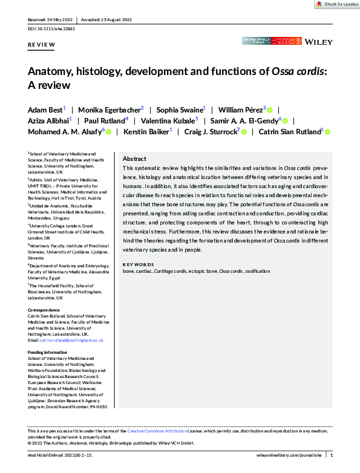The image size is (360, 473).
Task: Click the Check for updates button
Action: [337, 4]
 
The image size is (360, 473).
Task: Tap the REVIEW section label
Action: [41, 46]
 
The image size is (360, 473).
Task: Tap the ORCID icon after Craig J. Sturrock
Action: [243, 132]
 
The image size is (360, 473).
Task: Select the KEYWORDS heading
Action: [139, 264]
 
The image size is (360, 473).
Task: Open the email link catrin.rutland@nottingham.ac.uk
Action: [70, 341]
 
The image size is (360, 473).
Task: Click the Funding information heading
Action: [50, 352]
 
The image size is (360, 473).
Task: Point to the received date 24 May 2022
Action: [62, 19]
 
